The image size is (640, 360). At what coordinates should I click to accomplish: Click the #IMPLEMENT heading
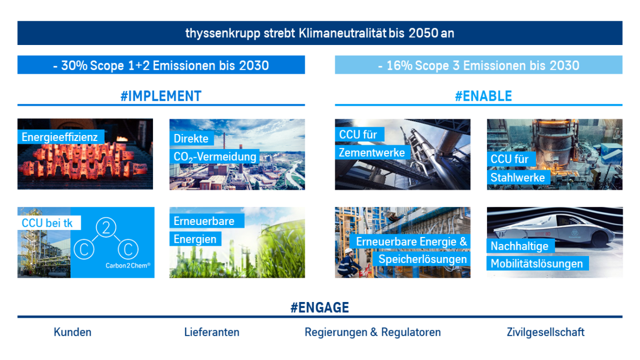(161, 96)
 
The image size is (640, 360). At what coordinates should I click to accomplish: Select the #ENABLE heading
(483, 96)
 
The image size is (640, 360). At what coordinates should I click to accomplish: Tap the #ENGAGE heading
(319, 307)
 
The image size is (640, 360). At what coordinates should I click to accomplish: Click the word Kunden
(73, 332)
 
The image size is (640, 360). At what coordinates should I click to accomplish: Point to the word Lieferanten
(212, 332)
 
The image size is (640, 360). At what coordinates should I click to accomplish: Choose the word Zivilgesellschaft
(546, 332)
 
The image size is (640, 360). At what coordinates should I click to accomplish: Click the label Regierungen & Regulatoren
(373, 332)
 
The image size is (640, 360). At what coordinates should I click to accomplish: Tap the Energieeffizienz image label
(60, 137)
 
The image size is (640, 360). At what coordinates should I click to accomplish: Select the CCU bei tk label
(47, 223)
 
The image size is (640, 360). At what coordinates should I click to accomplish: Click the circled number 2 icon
(106, 227)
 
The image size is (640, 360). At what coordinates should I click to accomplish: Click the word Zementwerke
(372, 153)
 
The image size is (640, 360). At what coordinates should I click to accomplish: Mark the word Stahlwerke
(517, 177)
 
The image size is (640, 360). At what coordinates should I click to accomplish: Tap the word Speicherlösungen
(423, 259)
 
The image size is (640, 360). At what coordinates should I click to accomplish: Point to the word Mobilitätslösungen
(537, 263)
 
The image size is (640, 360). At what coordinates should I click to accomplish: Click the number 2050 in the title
(423, 33)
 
